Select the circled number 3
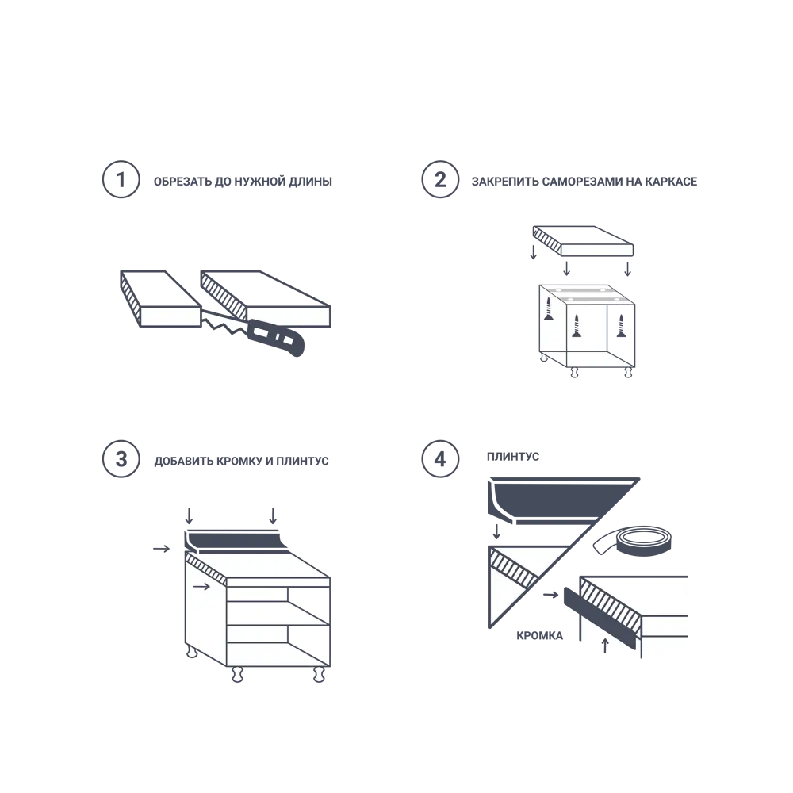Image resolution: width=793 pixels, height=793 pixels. [120, 460]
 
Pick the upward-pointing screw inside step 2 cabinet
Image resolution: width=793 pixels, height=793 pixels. [622, 326]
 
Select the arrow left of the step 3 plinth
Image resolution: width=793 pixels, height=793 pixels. [161, 548]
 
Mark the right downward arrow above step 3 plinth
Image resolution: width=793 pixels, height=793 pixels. [273, 515]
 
